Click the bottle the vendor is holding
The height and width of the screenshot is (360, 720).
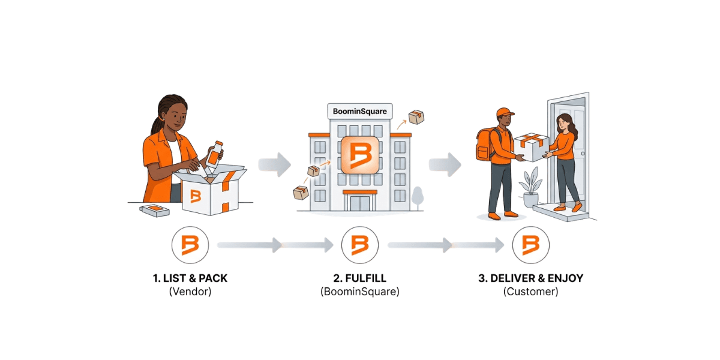click(214, 154)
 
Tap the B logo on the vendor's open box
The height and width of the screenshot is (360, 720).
click(195, 196)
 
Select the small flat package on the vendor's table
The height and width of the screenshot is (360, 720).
click(154, 210)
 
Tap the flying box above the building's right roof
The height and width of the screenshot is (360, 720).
click(416, 118)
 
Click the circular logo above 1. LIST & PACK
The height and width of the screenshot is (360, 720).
click(190, 245)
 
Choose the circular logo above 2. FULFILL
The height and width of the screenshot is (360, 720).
click(360, 245)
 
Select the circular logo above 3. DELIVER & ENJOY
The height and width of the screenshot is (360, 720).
click(530, 245)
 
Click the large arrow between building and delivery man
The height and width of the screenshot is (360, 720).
click(445, 164)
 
